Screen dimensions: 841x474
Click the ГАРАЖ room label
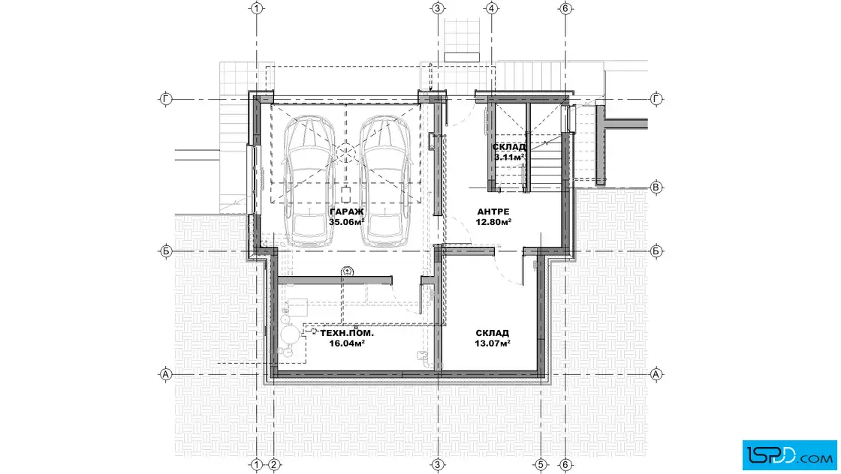tap(346, 211)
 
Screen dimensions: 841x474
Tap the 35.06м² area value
tap(346, 222)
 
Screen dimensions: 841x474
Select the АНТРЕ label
tap(493, 211)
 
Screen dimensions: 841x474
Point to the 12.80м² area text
tap(493, 222)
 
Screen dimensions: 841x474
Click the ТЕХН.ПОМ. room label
tap(347, 333)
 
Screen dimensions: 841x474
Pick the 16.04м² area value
tap(347, 343)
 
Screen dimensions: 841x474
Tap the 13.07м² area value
tap(493, 343)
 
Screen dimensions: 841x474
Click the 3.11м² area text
tap(509, 157)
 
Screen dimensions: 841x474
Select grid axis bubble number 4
tap(492, 8)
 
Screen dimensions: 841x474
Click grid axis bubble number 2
tap(273, 464)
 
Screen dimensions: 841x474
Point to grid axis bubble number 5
tap(541, 464)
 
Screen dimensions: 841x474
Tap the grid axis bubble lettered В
tap(656, 187)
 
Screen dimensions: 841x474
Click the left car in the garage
tap(309, 181)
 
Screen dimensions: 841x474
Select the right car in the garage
tap(384, 181)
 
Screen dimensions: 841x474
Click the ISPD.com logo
tap(789, 455)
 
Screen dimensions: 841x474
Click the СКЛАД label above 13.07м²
tap(493, 333)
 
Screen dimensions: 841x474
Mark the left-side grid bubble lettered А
tap(166, 374)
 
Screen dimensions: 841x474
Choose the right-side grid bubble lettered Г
tap(656, 99)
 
